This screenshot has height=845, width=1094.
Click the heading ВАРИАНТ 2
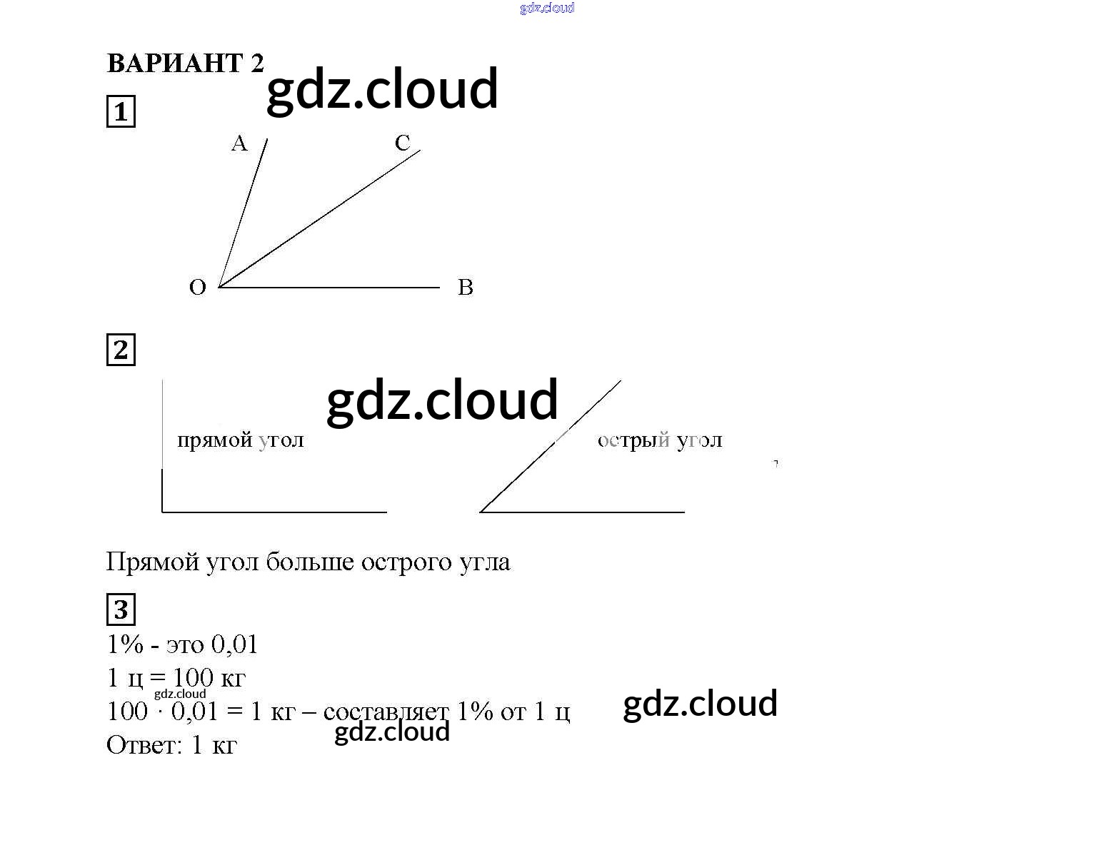click(x=185, y=64)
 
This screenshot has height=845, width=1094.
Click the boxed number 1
click(x=121, y=112)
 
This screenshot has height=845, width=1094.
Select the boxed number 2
click(x=121, y=350)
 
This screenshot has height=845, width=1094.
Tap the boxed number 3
click(x=121, y=610)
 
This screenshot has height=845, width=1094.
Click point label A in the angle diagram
click(x=239, y=144)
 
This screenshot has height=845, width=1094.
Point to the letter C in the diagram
click(x=403, y=143)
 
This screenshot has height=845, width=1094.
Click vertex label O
click(x=198, y=288)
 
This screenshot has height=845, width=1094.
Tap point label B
click(x=465, y=288)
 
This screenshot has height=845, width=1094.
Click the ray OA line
click(x=243, y=213)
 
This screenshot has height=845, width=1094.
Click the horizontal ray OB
click(x=328, y=288)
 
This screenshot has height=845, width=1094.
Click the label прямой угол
click(x=240, y=440)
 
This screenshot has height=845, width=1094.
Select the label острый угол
click(x=660, y=440)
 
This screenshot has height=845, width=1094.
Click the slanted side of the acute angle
click(x=550, y=446)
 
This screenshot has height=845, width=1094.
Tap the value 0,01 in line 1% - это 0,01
click(x=234, y=645)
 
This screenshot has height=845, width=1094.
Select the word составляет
click(x=386, y=712)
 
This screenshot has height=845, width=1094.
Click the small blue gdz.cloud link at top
click(x=547, y=9)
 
